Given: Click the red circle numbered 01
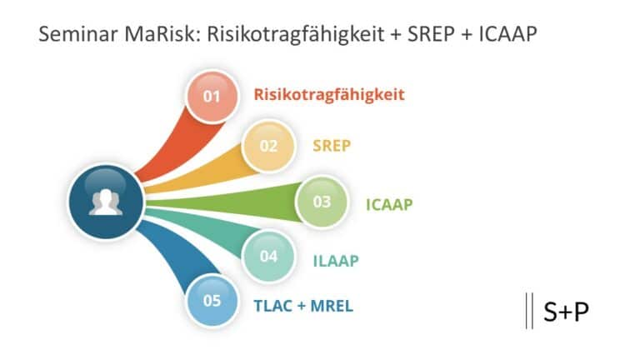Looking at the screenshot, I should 212,96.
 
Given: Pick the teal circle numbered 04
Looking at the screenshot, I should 268,257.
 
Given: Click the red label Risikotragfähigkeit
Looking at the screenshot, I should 329,94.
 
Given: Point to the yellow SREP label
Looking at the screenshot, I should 332,146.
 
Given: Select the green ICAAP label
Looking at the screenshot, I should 388,203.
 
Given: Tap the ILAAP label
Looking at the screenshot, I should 336,260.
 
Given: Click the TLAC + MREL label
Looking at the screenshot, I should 303,306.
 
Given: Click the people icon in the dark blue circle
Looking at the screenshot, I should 106,202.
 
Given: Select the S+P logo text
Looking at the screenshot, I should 566,311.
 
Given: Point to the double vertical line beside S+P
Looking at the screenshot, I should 529,311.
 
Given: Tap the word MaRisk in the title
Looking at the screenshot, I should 155,36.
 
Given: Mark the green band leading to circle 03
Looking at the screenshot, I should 225,202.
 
